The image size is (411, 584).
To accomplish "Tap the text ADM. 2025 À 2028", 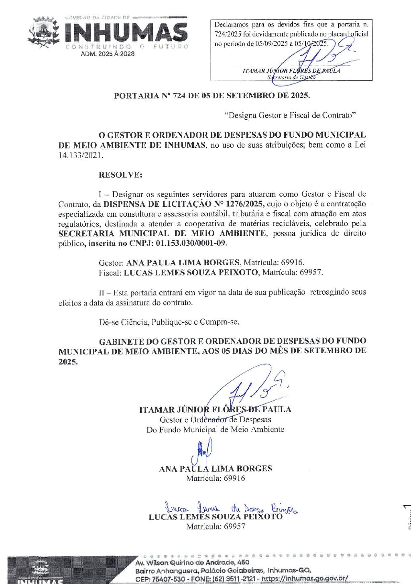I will pos(108,54).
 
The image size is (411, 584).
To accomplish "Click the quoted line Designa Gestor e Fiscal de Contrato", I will pos(291,115).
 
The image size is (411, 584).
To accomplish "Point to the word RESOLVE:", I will pos(120,175).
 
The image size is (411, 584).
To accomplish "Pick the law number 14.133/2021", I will pos(81,155).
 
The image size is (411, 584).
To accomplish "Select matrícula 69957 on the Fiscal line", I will pos(311,272).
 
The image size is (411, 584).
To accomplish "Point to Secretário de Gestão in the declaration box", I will pos(291,77).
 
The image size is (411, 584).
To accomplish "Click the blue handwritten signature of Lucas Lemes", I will pos(231,508).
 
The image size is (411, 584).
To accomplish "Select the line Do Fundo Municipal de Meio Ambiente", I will pos(215,429).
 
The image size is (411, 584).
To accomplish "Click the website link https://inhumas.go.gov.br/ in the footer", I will pos(305,578).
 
